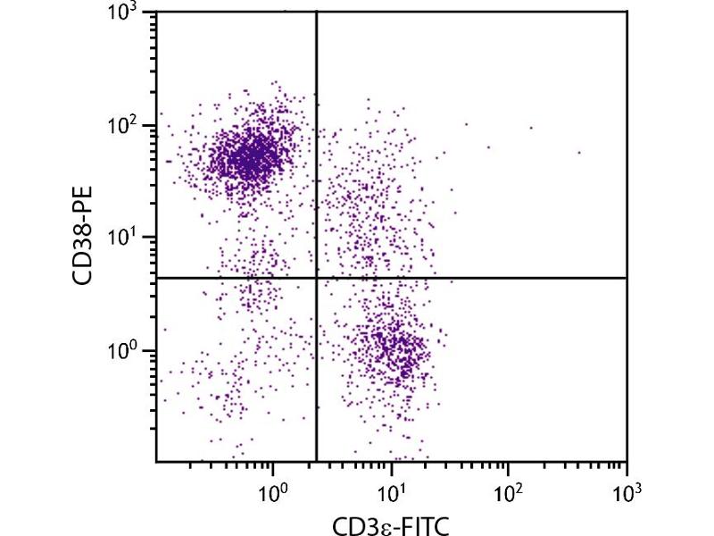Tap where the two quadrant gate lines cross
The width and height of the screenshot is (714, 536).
[317, 278]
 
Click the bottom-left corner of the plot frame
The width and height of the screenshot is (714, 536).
[156, 462]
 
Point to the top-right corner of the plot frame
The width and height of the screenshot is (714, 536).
[627, 12]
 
